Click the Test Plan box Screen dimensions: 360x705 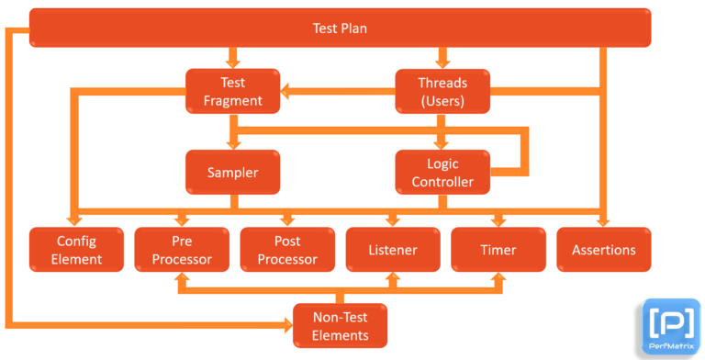[340, 28]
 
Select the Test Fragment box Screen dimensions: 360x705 [234, 91]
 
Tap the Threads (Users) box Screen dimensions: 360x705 [442, 91]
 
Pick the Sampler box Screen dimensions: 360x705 [232, 172]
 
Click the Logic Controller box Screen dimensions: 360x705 [442, 172]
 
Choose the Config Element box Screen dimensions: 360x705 [77, 250]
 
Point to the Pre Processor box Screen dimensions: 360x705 [181, 250]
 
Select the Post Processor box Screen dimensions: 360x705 [287, 250]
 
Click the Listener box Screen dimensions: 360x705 [393, 250]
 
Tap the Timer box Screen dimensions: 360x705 [498, 250]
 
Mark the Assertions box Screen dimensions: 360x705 [603, 250]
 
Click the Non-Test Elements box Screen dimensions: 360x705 [340, 326]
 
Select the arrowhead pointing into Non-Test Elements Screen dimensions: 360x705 [285, 323]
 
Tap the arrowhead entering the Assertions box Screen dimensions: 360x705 [603, 219]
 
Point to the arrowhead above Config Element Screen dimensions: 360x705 [77, 219]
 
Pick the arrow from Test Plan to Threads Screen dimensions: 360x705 [442, 57]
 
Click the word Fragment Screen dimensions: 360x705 [234, 100]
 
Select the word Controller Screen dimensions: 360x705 [442, 181]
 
